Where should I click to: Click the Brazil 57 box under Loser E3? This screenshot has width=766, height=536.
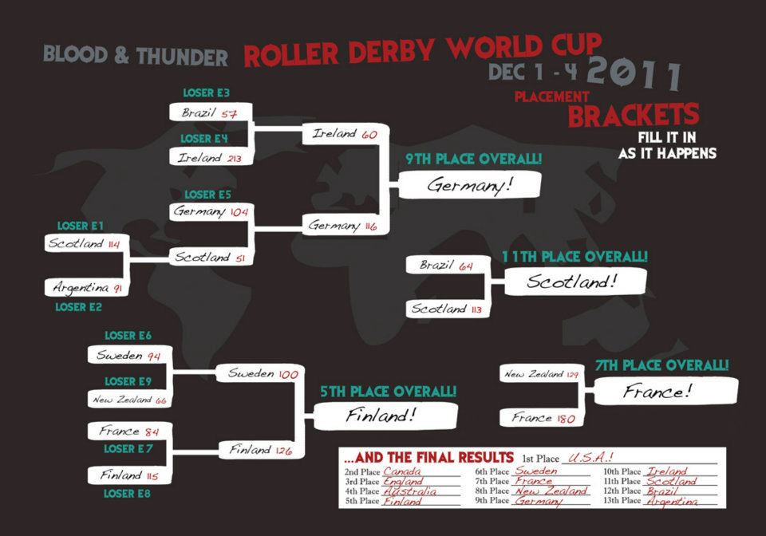[x=211, y=112]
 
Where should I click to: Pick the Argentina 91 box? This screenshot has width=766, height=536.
[x=86, y=287]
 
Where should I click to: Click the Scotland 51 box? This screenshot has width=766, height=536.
[x=211, y=257]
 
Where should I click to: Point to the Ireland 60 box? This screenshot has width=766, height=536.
[x=345, y=134]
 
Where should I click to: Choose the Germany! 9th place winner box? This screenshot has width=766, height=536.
[x=470, y=184]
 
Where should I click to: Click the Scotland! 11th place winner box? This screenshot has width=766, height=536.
[x=575, y=282]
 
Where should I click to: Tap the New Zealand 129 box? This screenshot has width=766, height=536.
[x=542, y=374]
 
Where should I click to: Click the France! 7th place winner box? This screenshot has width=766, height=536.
[x=665, y=392]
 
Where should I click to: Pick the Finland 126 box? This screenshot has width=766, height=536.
[x=261, y=450]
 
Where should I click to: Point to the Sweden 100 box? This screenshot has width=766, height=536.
[x=260, y=374]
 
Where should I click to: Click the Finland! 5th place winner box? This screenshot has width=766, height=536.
[x=385, y=416]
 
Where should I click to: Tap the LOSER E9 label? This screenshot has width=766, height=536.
[x=128, y=381]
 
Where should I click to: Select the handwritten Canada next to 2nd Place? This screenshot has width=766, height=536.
[x=401, y=471]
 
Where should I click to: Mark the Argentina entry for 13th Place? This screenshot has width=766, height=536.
[x=672, y=502]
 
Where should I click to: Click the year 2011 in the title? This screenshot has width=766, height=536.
[x=634, y=73]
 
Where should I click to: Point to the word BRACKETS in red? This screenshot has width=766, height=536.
[x=634, y=115]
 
